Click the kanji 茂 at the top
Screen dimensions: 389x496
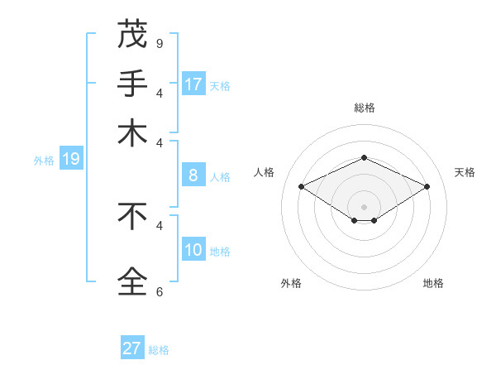tap(132, 35)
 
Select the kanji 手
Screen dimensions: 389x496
tap(132, 83)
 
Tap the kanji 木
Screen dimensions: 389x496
tap(132, 132)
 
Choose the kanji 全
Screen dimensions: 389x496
tap(132, 281)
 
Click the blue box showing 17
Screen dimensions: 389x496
tap(193, 84)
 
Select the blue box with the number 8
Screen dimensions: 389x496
tap(193, 175)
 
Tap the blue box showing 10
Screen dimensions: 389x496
tap(193, 250)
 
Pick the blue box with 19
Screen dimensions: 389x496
tap(70, 160)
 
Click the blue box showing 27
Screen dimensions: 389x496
tap(132, 348)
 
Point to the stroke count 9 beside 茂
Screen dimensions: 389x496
tap(160, 43)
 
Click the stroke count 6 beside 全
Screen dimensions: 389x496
tap(160, 291)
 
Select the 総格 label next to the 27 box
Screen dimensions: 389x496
tap(159, 350)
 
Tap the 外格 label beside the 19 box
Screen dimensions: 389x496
tap(44, 161)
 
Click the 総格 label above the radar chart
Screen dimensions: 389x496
tap(364, 108)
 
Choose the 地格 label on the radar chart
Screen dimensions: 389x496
tap(433, 283)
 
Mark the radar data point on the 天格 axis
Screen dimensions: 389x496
tap(427, 187)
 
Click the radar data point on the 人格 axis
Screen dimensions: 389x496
tap(302, 187)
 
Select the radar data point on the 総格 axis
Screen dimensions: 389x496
tap(364, 157)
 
